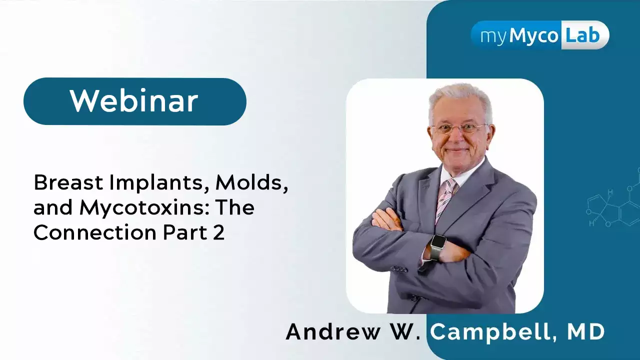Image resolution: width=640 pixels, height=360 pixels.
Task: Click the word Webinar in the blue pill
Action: pyautogui.click(x=134, y=101)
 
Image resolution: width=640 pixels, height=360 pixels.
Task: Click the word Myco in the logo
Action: pyautogui.click(x=533, y=37)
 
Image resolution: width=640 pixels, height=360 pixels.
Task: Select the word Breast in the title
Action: pyautogui.click(x=68, y=182)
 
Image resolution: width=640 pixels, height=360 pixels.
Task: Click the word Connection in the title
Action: pyautogui.click(x=95, y=232)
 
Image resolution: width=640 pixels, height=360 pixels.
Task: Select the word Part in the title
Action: pyautogui.click(x=185, y=232)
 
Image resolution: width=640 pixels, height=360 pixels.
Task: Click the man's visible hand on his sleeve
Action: pyautogui.click(x=389, y=219)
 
